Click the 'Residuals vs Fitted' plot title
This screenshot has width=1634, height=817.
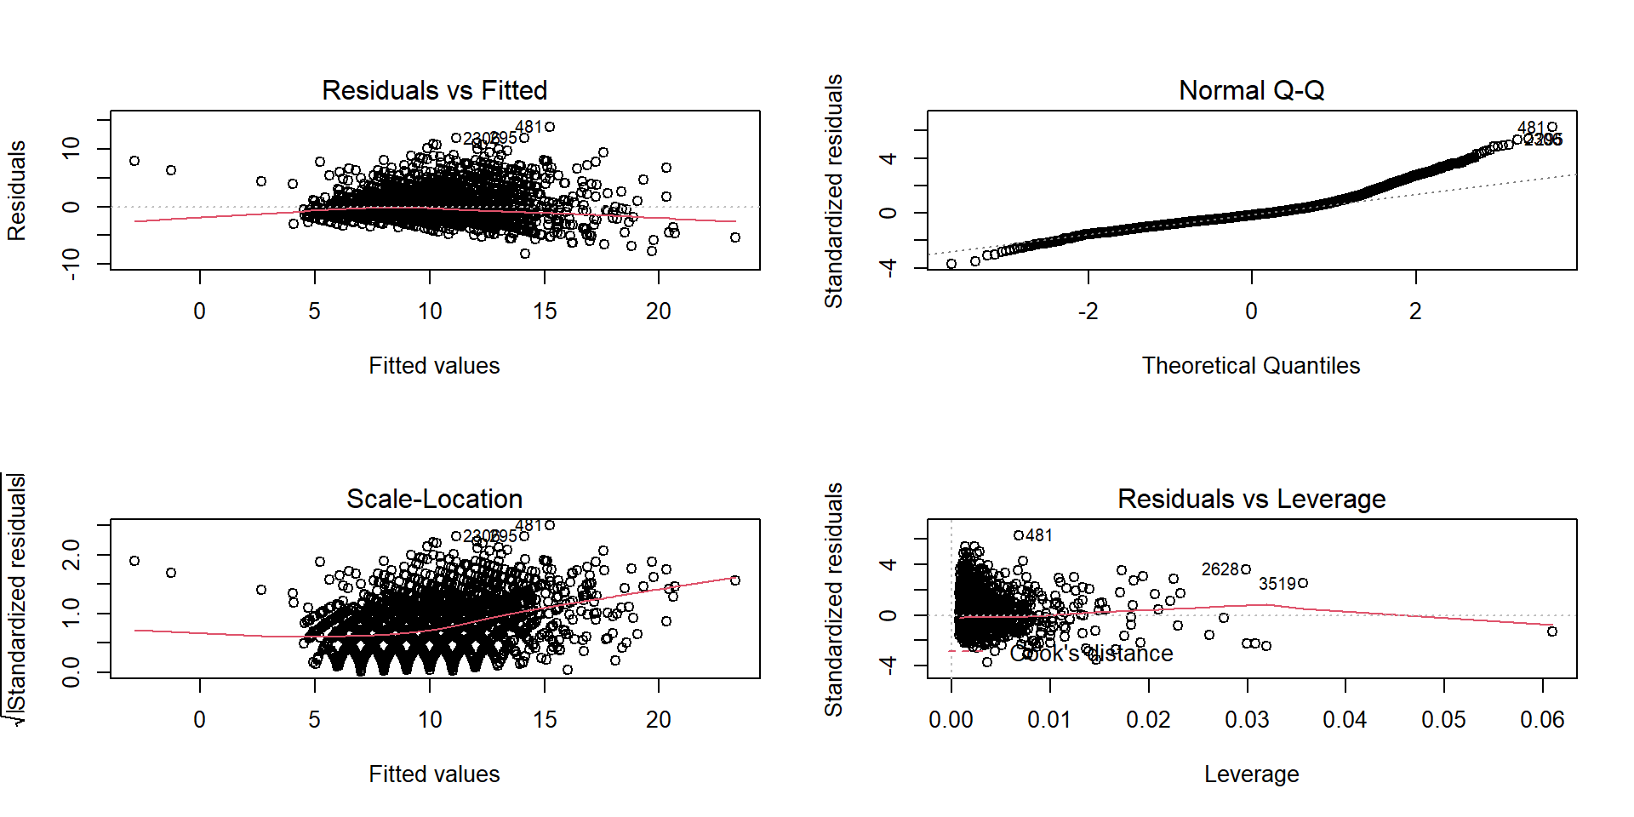pyautogui.click(x=434, y=90)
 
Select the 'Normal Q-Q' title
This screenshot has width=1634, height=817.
pyautogui.click(x=1251, y=90)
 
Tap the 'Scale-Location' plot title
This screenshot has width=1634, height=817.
pyautogui.click(x=434, y=499)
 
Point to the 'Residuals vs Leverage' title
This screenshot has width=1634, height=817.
pyautogui.click(x=1251, y=499)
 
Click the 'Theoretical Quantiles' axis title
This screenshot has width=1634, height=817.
pyautogui.click(x=1250, y=365)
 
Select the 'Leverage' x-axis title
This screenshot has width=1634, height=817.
pyautogui.click(x=1251, y=774)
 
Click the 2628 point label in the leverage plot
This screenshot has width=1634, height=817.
pyautogui.click(x=1220, y=569)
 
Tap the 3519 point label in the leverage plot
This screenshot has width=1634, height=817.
pyautogui.click(x=1277, y=584)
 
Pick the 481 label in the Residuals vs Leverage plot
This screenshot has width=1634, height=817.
pyautogui.click(x=1039, y=535)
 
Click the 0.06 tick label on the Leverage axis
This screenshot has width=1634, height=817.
pyautogui.click(x=1542, y=720)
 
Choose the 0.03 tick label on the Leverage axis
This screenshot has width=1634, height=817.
pyautogui.click(x=1247, y=720)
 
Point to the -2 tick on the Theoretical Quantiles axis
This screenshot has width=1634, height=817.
pyautogui.click(x=1088, y=311)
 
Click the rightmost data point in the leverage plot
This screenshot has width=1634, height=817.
pyautogui.click(x=1552, y=631)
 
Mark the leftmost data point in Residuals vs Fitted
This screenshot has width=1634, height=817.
pyautogui.click(x=134, y=161)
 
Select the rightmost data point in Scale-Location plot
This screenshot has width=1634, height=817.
pyautogui.click(x=735, y=580)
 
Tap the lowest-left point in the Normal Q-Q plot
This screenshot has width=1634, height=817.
pyautogui.click(x=951, y=264)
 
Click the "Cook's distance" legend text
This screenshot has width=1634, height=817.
pyautogui.click(x=1091, y=654)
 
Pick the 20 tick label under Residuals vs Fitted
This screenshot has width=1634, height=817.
pyautogui.click(x=658, y=311)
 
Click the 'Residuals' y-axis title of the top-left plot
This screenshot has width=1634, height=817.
pyautogui.click(x=17, y=191)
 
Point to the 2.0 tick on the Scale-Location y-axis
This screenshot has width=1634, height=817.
pyautogui.click(x=71, y=555)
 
